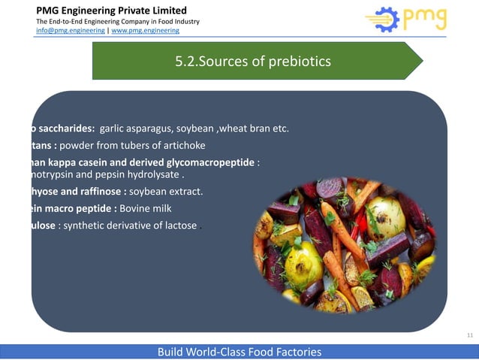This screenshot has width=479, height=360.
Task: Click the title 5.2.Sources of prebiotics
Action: click(252, 61)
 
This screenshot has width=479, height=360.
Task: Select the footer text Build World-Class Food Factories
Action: click(238, 352)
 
